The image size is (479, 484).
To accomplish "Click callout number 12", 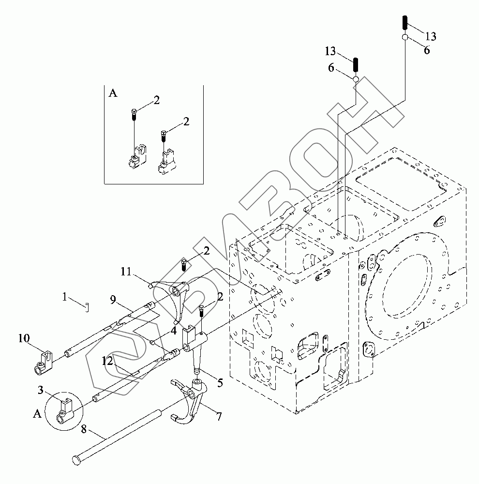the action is point(107,360).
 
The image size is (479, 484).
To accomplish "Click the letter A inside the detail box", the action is point(113,93).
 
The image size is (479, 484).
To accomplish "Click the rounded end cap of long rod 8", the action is point(76,460).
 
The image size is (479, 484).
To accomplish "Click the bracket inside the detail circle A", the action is point(64,409).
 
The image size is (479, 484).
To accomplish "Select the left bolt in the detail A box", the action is point(134,115).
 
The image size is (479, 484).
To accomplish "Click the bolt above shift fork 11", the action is point(185,264).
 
